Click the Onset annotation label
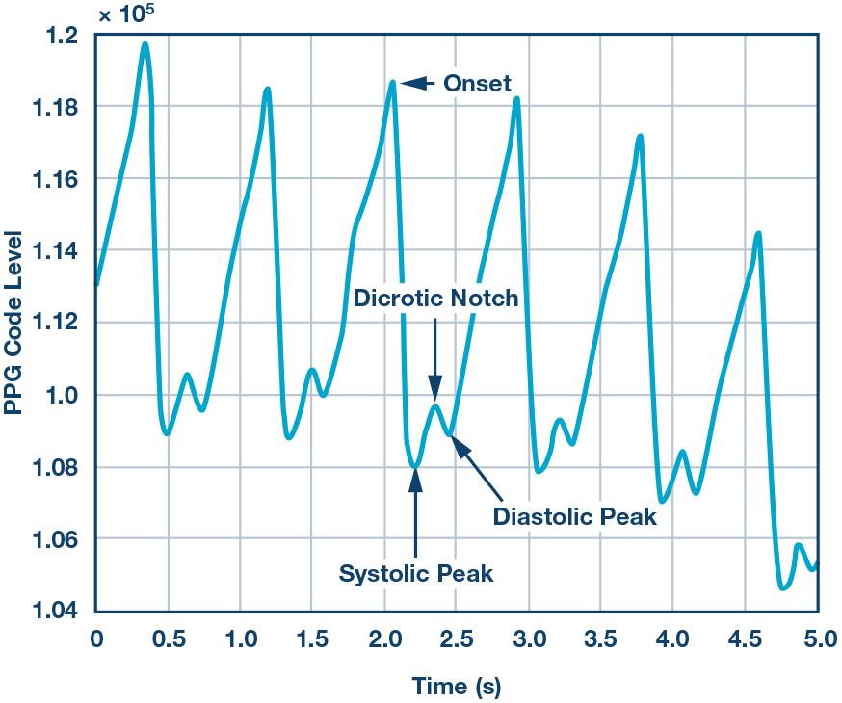(477, 84)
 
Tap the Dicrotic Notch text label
(435, 298)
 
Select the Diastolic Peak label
(574, 516)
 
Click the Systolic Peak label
(416, 574)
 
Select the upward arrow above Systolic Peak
(415, 510)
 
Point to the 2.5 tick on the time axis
(457, 638)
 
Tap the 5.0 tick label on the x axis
(817, 638)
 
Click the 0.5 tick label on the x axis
(169, 638)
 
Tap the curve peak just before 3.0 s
(516, 98)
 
